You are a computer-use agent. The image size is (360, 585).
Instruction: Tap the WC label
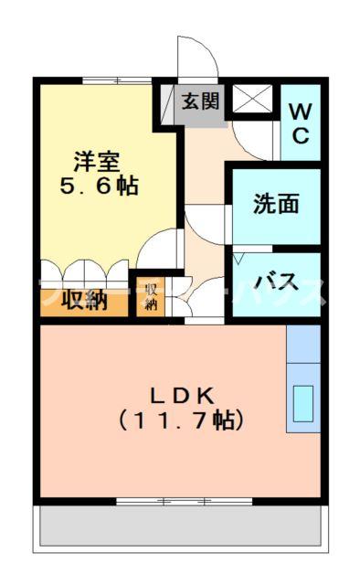coord(301,123)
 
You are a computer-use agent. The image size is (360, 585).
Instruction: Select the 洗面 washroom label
coord(276,204)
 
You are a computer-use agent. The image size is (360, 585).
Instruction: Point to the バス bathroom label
coord(274,281)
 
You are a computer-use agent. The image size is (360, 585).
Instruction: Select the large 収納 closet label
coord(83,300)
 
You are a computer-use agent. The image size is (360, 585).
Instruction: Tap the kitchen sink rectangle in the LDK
coord(302,401)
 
